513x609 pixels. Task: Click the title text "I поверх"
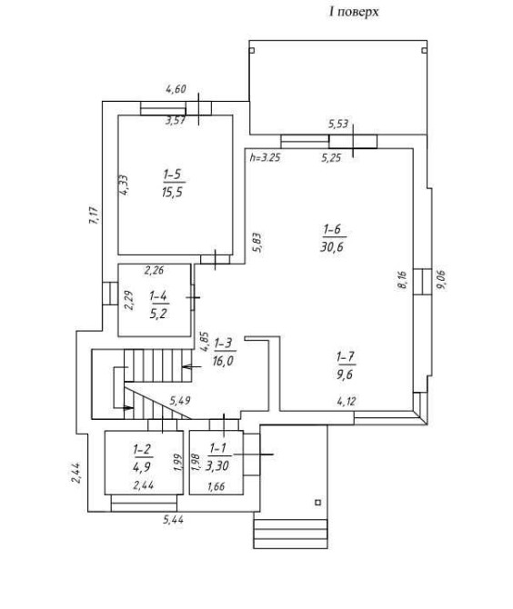point(354,12)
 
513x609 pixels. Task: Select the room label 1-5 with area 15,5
point(174,184)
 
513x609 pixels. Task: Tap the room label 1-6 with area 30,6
point(333,238)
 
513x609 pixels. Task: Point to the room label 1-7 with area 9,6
point(346,365)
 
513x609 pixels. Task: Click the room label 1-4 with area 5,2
point(158,304)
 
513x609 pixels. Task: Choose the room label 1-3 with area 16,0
point(224,352)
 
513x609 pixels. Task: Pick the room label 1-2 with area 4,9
point(142,458)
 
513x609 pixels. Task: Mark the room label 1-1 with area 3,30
point(217,457)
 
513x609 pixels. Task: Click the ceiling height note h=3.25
point(265,157)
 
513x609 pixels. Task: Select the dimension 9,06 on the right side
point(441,280)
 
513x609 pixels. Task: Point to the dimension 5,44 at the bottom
point(173,520)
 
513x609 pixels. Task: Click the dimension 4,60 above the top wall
point(176,89)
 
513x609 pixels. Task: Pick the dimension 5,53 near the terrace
point(338,125)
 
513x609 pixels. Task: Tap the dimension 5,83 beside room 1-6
point(256,243)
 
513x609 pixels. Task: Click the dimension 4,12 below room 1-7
point(346,401)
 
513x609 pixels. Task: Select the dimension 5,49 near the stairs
point(179,400)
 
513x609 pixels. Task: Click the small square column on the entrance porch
point(318,503)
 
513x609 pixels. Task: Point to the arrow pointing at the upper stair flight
point(191,366)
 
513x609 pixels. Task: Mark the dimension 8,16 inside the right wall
point(403,280)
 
